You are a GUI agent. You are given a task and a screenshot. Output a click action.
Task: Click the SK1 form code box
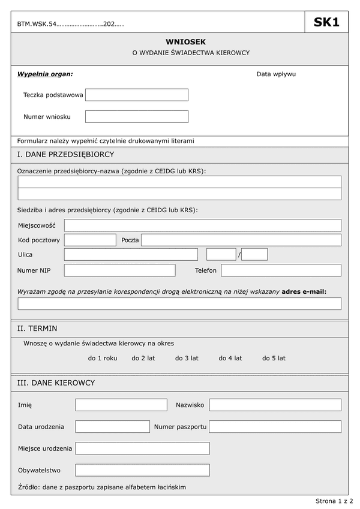point(326,23)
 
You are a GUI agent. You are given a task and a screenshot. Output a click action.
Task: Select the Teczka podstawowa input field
point(137,95)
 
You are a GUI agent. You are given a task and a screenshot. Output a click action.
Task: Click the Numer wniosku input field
point(137,116)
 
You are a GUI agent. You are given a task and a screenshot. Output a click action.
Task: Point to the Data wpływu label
point(276,74)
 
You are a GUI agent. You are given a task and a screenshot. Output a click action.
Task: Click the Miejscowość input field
point(202,225)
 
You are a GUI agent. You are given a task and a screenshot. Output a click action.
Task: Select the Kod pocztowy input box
point(90,240)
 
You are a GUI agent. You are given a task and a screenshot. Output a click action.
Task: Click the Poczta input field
point(241,240)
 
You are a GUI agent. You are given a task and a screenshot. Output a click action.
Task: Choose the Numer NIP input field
point(119,270)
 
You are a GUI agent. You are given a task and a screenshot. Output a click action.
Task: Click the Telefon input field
point(281,270)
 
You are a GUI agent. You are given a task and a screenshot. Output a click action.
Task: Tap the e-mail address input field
point(179,304)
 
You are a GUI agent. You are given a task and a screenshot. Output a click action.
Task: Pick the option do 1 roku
point(103,358)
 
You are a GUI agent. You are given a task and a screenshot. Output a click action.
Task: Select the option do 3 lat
point(187,358)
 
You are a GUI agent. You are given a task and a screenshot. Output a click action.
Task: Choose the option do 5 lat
point(274,358)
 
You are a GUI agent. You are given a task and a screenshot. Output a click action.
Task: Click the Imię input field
point(121,405)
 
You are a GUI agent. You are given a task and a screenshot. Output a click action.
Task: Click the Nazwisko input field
point(275,405)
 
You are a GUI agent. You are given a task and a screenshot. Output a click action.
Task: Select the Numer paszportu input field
point(275,426)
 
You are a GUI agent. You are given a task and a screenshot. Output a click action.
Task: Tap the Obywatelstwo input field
point(142,470)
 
